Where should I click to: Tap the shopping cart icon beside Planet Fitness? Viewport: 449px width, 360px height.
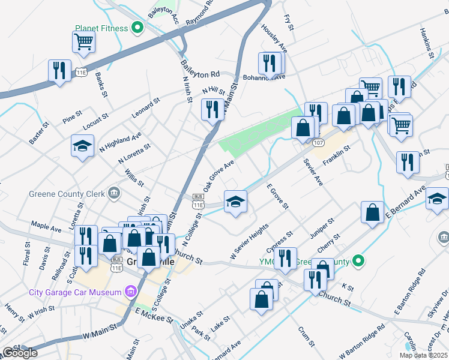pos(83,42)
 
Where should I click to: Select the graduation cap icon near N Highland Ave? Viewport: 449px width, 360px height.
pos(83,145)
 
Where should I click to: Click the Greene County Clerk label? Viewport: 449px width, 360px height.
pos(66,193)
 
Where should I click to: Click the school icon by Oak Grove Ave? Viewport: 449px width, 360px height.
pos(235,201)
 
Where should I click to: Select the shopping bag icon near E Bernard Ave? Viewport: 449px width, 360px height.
pos(373,212)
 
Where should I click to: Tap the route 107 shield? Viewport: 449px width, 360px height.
pos(319,142)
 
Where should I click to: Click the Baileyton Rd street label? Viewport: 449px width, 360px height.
pos(201,74)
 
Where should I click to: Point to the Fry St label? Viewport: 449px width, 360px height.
pos(291,23)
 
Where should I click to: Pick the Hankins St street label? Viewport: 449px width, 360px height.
pos(427,42)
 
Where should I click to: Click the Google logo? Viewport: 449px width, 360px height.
pos(20,353)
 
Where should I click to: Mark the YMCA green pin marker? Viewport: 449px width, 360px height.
pos(358,260)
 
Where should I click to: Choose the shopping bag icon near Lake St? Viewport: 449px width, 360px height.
pos(262,299)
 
